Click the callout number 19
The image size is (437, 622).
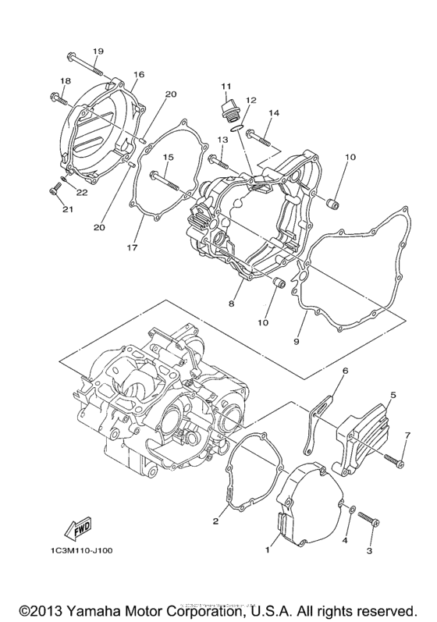97,52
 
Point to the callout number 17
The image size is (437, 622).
133,248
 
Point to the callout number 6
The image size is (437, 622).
344,370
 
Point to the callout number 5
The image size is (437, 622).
393,396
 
